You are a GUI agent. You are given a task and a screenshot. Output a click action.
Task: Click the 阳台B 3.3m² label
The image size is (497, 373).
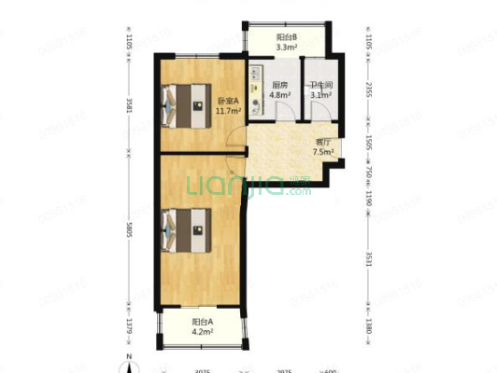pos(287,41)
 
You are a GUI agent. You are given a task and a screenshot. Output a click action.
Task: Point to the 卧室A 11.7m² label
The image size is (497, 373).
pos(229,105)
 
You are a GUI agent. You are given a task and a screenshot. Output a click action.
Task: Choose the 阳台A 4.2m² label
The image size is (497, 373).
pos(202,326)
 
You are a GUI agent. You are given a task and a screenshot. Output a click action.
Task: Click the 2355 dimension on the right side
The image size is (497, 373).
pos(369,91)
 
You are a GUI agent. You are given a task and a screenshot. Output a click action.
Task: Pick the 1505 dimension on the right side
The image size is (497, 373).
pos(369,142)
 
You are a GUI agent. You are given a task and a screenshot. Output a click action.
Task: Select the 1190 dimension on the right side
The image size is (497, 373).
pos(369,198)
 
